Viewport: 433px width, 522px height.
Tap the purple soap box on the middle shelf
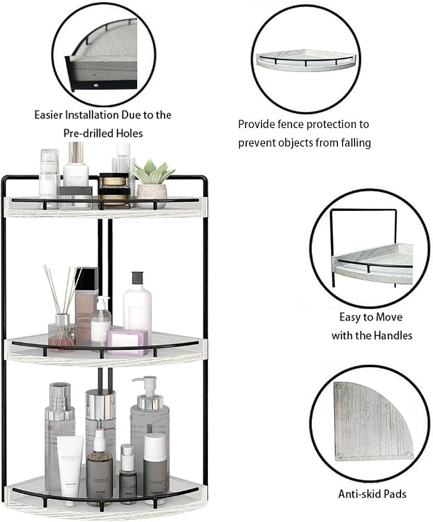(128, 342)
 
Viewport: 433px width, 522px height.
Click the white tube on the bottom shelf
(71, 465)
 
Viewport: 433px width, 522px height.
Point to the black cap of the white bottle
(137, 278)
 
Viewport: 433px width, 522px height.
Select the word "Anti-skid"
(360, 494)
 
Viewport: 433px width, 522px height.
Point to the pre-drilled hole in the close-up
(96, 85)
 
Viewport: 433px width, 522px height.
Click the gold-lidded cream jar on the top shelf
(114, 189)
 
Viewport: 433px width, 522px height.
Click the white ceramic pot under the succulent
(152, 196)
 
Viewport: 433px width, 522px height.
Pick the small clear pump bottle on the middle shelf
(101, 319)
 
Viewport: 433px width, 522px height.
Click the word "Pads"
(395, 494)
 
